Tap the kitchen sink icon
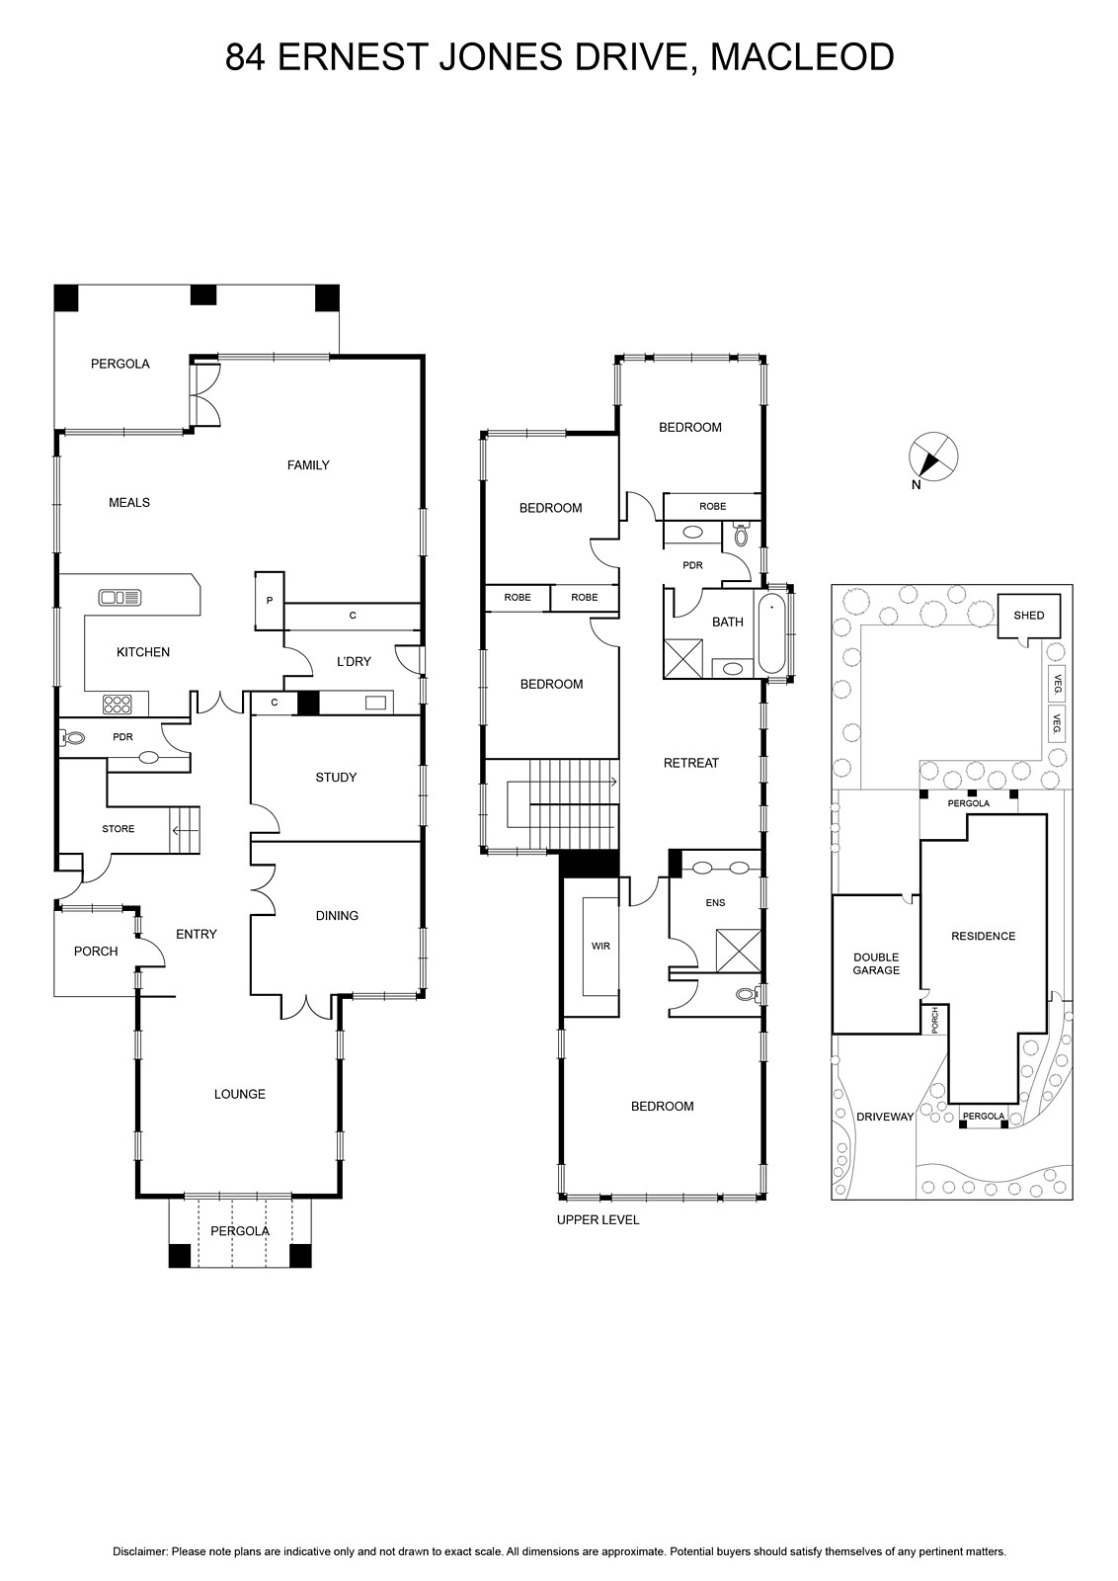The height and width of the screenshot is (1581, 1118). pos(120,597)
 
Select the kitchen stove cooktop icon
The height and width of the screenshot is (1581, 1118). pos(118,704)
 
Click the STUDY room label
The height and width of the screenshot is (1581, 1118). pos(336,777)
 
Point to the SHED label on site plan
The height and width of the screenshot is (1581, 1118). pos(1028,615)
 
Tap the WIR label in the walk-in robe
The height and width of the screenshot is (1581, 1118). pos(600,946)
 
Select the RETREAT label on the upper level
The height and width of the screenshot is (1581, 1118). pos(690,762)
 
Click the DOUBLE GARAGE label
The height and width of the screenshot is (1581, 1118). pos(876,963)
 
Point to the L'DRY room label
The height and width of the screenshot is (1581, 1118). pos(354,661)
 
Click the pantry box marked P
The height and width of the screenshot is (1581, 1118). pos(270,601)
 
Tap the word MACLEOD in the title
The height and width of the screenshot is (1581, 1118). pos(802,57)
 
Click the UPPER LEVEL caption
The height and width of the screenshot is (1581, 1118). pos(599,1219)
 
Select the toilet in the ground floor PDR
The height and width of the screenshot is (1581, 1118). pos(73,738)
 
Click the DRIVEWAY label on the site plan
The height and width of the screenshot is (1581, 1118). pos(885,1117)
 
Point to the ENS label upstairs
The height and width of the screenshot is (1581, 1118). pos(715,902)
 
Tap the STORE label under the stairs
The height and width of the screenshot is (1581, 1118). pos(118,829)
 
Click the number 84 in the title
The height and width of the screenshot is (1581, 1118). pos(246,57)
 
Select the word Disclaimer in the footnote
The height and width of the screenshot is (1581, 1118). pos(139,1551)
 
